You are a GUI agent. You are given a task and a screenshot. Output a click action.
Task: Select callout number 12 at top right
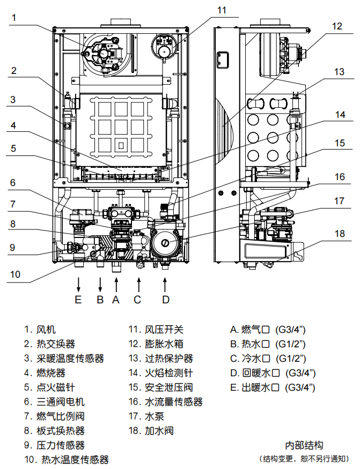pyautogui.click(x=336, y=26)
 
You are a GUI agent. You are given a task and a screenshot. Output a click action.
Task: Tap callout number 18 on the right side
pyautogui.click(x=339, y=234)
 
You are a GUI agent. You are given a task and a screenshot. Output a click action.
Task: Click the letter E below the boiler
pyautogui.click(x=78, y=300)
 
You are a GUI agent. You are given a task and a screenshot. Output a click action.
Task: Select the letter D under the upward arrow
pyautogui.click(x=166, y=300)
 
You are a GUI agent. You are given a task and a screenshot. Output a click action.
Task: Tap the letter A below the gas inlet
pyautogui.click(x=115, y=300)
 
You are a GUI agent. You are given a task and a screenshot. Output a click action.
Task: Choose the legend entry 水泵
pyautogui.click(x=155, y=416)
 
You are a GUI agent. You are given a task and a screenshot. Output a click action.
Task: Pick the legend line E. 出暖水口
pyautogui.click(x=273, y=387)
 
